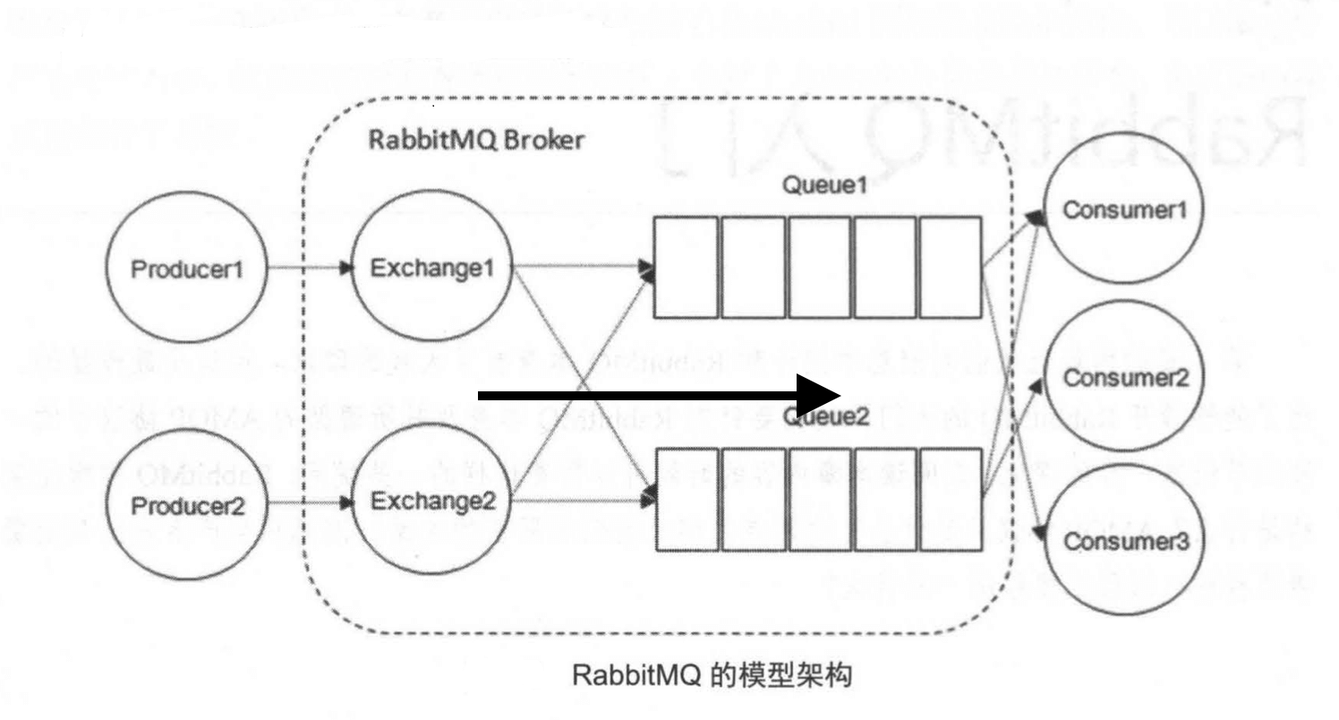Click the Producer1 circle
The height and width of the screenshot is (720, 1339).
pyautogui.click(x=187, y=268)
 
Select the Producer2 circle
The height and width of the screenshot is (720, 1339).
pyautogui.click(x=187, y=504)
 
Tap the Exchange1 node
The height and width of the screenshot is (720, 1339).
pyautogui.click(x=431, y=268)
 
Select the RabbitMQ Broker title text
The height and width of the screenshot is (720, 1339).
pyautogui.click(x=477, y=142)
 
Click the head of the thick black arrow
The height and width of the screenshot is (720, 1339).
pyautogui.click(x=819, y=395)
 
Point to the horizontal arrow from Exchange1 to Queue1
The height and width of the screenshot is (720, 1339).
pyautogui.click(x=582, y=267)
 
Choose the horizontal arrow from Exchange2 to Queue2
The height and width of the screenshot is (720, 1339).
pyautogui.click(x=582, y=502)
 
